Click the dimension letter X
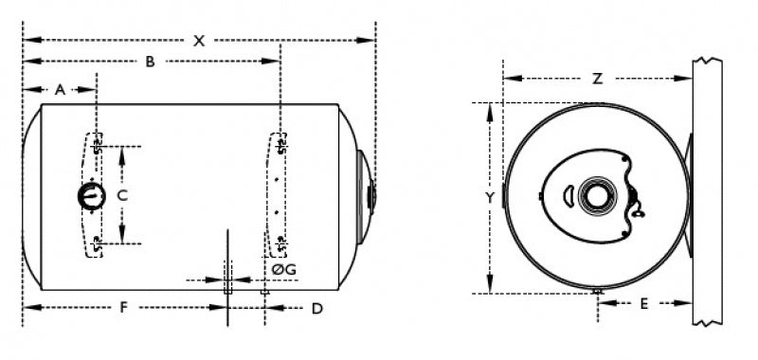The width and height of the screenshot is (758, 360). click(199, 41)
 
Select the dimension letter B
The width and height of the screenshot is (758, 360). click(151, 62)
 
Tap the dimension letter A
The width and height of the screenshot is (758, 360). click(60, 89)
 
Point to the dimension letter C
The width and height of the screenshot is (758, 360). click(123, 196)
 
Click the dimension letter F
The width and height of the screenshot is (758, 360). click(123, 308)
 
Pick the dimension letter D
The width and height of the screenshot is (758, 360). click(316, 309)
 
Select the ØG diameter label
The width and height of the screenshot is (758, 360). click(283, 270)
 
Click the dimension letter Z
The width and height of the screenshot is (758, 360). click(598, 79)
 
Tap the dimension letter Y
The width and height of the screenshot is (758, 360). click(490, 198)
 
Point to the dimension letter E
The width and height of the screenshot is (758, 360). click(644, 304)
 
